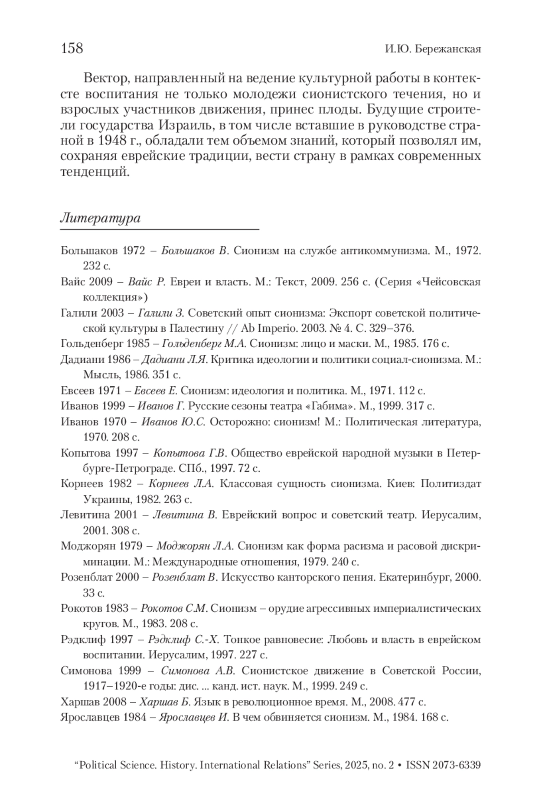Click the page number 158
pos(72,48)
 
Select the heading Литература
pos(100,218)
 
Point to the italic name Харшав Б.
pos(164,702)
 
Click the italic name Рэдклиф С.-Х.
pos(183,639)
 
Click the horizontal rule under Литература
pos(159,230)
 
